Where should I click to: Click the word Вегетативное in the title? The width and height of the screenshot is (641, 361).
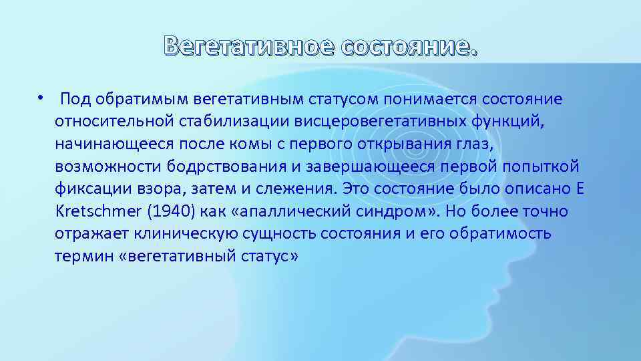click(248, 46)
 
